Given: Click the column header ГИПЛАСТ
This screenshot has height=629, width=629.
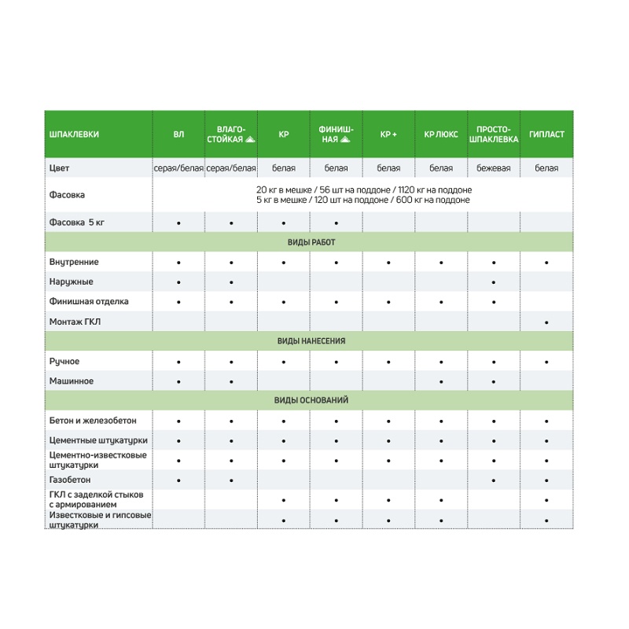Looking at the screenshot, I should click(546, 134).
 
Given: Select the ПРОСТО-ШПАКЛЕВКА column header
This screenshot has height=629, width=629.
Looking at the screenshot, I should click(494, 134).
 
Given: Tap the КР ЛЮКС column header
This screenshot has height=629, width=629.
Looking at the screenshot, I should click(441, 134).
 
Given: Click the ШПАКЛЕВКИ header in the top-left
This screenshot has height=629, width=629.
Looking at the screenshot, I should click(74, 134).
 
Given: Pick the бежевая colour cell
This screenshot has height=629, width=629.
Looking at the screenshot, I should click(494, 168).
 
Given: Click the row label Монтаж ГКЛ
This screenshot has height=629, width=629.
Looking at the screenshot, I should click(75, 322).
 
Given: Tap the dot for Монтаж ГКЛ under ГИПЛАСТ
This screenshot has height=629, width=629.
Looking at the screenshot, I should click(546, 322).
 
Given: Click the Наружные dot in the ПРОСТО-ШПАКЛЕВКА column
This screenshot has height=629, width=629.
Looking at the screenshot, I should click(494, 281).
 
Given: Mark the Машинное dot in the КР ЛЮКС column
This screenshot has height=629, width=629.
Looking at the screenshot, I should click(441, 381).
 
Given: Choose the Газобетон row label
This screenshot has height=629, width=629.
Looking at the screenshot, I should click(70, 480).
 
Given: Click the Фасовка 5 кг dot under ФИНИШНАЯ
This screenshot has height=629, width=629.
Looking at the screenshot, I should click(336, 223).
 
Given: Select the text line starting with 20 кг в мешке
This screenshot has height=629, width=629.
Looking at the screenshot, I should click(363, 189).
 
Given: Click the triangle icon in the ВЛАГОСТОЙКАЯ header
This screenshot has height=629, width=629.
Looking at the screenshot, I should click(250, 139).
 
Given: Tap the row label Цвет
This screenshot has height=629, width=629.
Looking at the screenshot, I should click(60, 168).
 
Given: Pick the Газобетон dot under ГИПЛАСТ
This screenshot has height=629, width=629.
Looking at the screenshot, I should click(546, 480).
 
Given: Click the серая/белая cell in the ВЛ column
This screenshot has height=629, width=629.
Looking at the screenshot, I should click(178, 168).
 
